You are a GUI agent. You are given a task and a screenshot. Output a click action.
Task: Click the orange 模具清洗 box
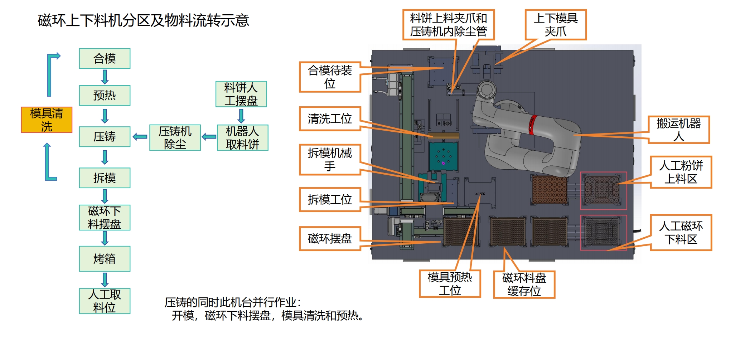[x=47, y=120]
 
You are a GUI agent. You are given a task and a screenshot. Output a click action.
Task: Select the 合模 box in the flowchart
[x=105, y=58]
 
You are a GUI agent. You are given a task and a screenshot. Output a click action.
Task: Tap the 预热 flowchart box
[x=105, y=96]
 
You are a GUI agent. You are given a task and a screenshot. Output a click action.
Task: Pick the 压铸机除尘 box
[x=175, y=137]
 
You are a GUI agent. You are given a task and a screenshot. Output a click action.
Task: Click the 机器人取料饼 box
[x=242, y=137]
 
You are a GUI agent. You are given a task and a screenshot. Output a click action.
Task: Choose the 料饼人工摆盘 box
[x=241, y=94]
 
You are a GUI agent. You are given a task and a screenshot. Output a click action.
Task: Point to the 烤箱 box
[x=105, y=259]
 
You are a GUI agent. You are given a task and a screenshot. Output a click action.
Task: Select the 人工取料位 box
[x=105, y=301]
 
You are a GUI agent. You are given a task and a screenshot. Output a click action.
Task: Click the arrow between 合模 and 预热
[x=105, y=77]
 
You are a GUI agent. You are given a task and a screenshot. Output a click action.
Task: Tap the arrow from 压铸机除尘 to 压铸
[x=140, y=137]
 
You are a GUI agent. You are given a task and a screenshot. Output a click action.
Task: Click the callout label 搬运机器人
[x=678, y=130]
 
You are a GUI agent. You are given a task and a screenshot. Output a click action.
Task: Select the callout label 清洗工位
[x=330, y=119]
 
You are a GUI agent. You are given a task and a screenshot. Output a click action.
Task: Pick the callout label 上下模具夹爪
[x=556, y=25]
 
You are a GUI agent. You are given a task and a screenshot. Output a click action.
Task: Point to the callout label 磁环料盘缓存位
[x=524, y=284]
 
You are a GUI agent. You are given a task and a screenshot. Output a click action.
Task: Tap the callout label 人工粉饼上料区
[x=681, y=172]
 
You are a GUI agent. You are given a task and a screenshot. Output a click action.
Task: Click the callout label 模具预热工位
[x=450, y=284]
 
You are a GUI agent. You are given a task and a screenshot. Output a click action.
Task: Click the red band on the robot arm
[x=532, y=125]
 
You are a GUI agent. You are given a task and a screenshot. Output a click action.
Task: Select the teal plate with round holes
[x=443, y=156]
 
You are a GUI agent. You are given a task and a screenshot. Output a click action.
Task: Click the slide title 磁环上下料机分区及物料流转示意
[x=143, y=20]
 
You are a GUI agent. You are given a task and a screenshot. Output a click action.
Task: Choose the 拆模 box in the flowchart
[x=105, y=178]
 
